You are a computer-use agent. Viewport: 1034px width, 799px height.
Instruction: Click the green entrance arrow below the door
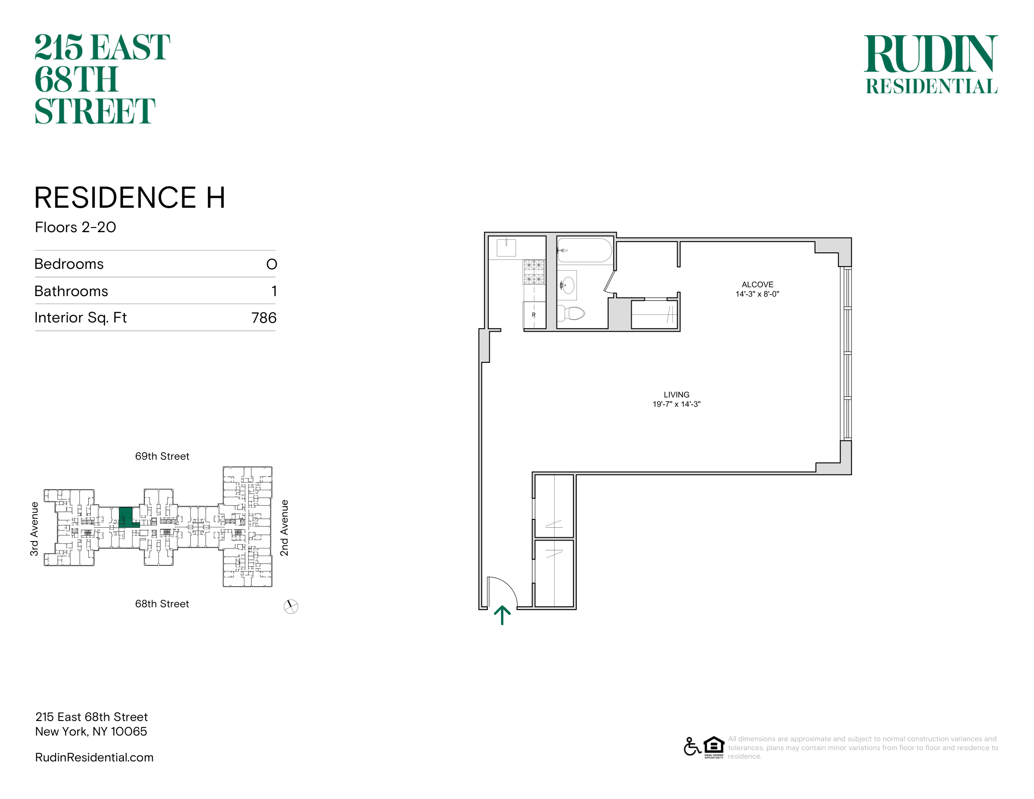pos(502,615)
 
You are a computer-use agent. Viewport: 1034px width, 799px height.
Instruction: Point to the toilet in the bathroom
pos(571,313)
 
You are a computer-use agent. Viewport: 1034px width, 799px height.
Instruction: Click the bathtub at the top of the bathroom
pos(585,250)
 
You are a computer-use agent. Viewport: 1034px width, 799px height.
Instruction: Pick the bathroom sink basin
pos(567,285)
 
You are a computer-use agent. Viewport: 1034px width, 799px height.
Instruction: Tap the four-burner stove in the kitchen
pos(534,272)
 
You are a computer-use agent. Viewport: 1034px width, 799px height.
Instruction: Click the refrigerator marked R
pos(534,315)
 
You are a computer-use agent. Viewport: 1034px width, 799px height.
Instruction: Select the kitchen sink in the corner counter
pos(506,248)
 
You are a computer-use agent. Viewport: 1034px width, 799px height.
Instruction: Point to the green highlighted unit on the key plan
pos(126,517)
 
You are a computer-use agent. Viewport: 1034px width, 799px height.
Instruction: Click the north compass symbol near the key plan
pos(290,606)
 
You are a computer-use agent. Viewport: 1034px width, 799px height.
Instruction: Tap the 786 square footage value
pos(264,318)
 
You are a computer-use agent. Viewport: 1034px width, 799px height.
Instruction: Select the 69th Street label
pos(162,456)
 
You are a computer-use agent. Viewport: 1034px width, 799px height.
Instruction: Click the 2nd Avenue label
pos(284,528)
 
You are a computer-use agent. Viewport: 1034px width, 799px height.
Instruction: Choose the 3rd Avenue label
pos(34,529)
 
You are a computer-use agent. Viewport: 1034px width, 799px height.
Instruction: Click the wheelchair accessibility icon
pos(692,746)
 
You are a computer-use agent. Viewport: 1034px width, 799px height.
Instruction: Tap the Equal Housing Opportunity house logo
pos(714,747)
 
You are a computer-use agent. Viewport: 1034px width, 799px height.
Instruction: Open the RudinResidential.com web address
pos(94,757)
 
